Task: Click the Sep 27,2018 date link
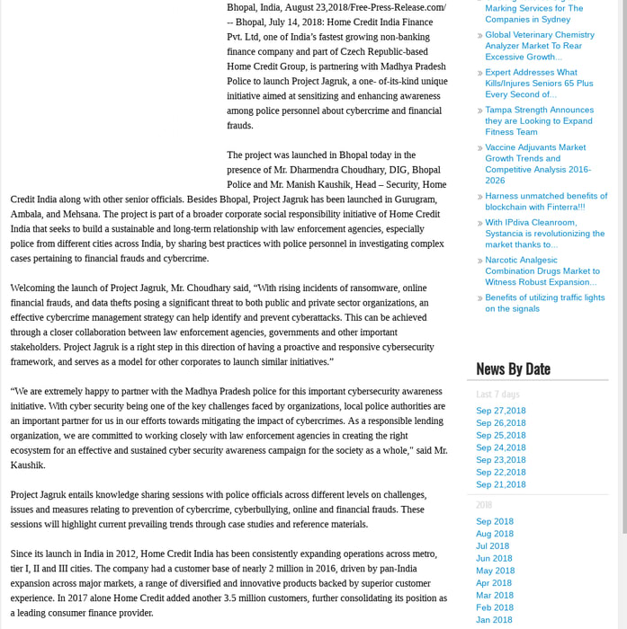(500, 411)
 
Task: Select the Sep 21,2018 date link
(500, 484)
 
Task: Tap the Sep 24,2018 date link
(500, 447)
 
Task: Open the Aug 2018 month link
(494, 534)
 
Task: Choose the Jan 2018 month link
(494, 619)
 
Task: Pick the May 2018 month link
(495, 571)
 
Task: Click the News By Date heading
(513, 368)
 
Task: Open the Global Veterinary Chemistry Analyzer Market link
(539, 46)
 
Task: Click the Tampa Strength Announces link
(539, 120)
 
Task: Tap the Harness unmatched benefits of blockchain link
(545, 200)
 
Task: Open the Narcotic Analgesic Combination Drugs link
(542, 270)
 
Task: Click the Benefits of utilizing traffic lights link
(544, 303)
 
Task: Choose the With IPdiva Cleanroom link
(544, 233)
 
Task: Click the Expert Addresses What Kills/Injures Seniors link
(538, 83)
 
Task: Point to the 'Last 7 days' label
(497, 394)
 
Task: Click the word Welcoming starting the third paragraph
(36, 288)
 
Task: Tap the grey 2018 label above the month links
(484, 505)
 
